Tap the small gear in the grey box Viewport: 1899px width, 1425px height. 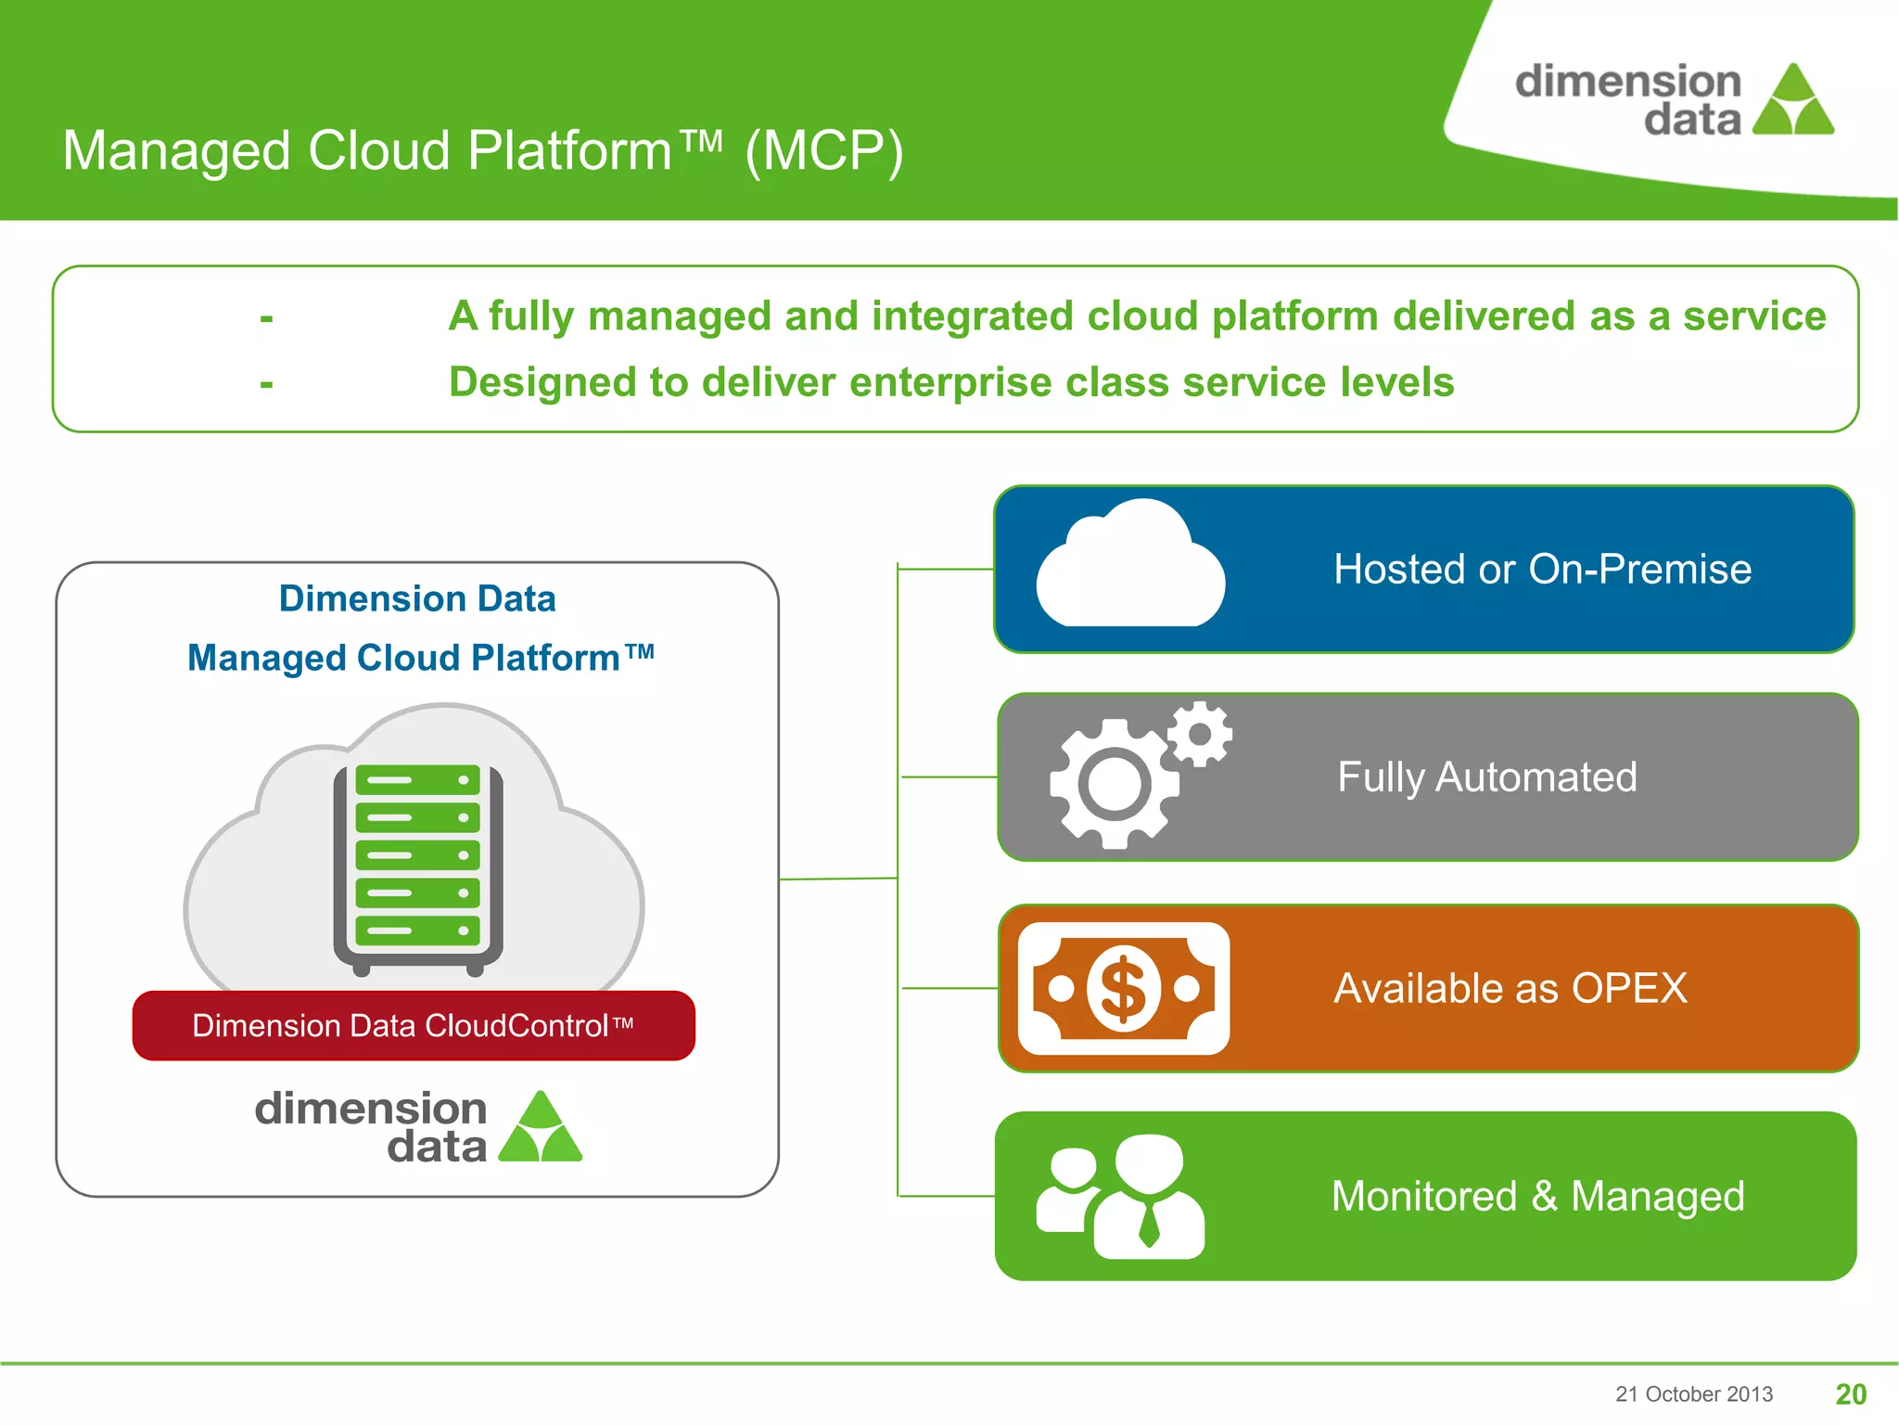pos(1200,734)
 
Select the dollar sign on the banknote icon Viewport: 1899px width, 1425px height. pos(1123,989)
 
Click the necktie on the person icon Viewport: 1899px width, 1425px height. pos(1149,1224)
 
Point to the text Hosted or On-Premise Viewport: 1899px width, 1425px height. pos(1542,569)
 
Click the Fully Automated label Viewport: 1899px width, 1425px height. pos(1486,777)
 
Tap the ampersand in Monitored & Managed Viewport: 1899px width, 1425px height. pos(1544,1196)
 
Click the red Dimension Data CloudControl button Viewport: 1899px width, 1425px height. pos(414,1025)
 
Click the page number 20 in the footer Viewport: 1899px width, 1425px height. pos(1851,1393)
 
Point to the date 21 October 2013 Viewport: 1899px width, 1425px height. pos(1693,1393)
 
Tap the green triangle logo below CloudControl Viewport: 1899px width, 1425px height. pos(541,1129)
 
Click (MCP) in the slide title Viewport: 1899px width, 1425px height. pos(824,150)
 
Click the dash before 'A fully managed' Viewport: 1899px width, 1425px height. pos(266,318)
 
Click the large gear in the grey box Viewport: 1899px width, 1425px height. pos(1114,784)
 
